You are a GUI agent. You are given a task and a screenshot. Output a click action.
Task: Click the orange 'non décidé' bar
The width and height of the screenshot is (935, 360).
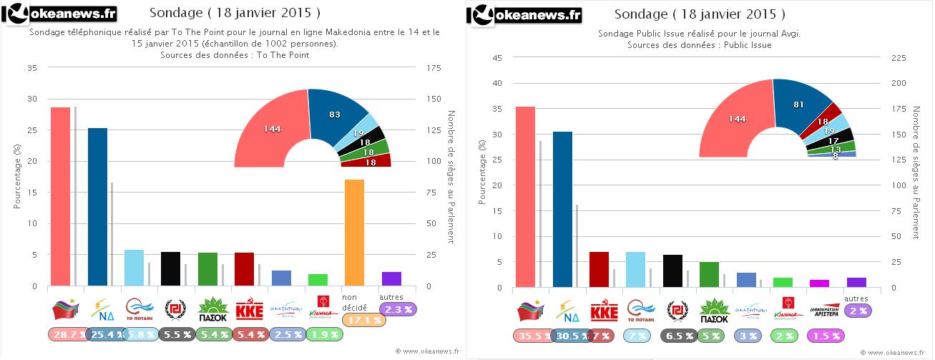(354, 233)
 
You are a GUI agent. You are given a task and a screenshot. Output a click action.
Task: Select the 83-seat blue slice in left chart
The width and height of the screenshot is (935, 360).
(333, 117)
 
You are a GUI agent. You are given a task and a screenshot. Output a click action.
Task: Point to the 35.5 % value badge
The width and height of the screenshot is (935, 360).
(533, 335)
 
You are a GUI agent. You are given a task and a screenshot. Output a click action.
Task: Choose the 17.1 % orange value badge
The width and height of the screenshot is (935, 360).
(364, 320)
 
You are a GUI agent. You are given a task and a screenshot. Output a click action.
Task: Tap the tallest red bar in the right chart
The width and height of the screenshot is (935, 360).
(525, 197)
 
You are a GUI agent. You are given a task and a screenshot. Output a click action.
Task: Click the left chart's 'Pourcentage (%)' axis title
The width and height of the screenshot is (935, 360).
(17, 175)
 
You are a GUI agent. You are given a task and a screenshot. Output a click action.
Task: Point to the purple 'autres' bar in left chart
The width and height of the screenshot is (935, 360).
(391, 278)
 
